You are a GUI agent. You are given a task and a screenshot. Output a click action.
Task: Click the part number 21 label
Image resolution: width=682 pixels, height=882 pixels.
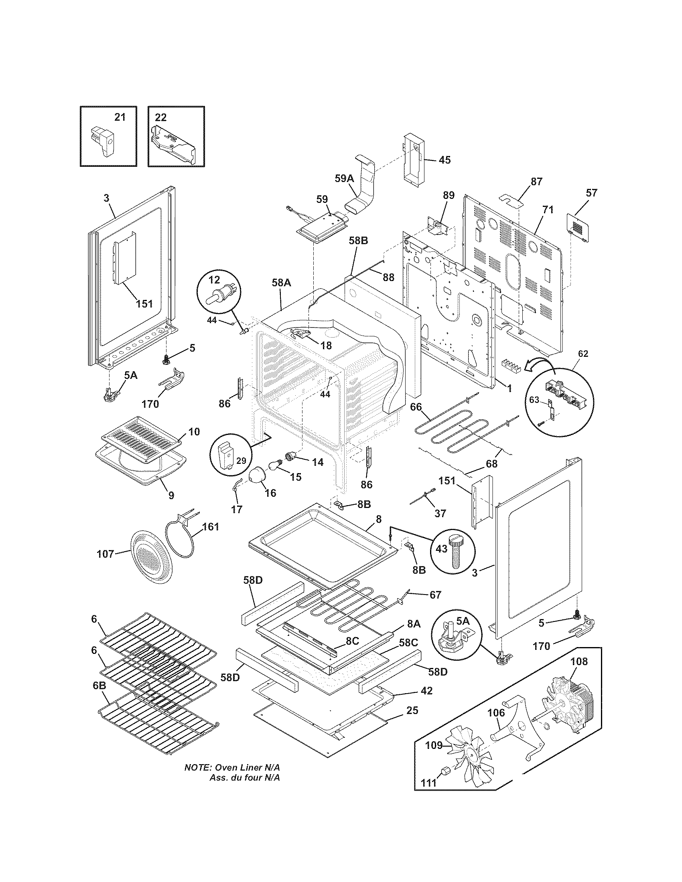point(120,117)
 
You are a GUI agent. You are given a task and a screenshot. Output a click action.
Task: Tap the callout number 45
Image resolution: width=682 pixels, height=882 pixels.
point(445,160)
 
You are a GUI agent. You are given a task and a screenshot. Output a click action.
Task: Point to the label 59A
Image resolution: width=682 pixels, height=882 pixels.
point(344,178)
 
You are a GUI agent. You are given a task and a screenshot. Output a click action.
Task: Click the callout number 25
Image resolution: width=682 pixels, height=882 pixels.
point(412,710)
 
